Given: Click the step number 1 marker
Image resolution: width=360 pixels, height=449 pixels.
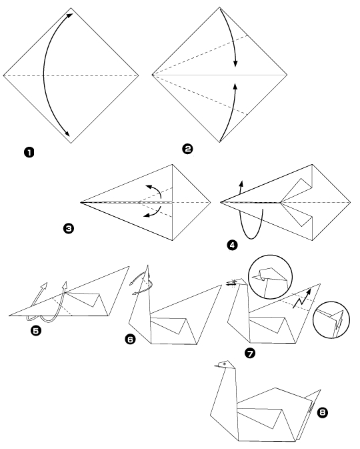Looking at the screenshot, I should tap(29, 154).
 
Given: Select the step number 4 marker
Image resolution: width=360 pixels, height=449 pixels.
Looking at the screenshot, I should tap(232, 245).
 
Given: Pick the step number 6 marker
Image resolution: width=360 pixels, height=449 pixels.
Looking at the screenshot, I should tap(132, 340).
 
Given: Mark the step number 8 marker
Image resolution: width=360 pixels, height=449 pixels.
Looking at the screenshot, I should tap(323, 414).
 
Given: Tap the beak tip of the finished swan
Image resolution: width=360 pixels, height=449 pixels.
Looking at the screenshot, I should tap(215, 366).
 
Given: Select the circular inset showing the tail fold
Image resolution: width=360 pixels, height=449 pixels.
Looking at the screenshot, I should tap(333, 321).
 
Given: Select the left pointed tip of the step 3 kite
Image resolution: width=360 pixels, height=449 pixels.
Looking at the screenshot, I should tap(81, 201).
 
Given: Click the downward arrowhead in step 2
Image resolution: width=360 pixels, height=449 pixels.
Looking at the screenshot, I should tap(235, 64).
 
